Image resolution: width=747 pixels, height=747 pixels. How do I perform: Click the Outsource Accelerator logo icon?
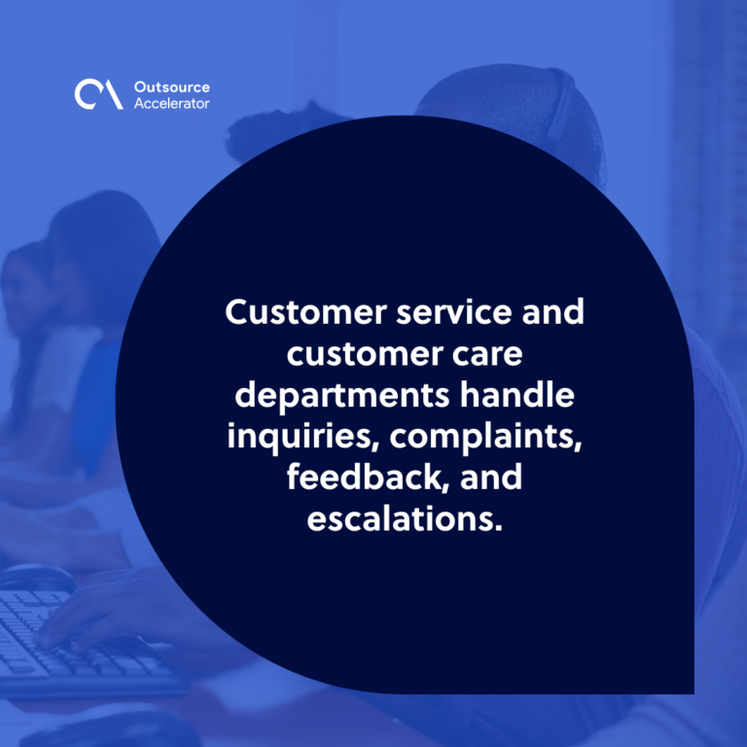coord(98,94)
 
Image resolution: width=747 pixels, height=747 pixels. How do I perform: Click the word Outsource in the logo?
coord(172,88)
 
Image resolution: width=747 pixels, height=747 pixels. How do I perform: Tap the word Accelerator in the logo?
coord(171,103)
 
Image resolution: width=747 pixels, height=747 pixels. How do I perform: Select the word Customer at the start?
coord(305,312)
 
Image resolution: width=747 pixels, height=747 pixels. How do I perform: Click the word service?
coord(454,312)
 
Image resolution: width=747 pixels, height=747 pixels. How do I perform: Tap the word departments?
coord(342,397)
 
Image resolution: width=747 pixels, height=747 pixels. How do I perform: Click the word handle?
coord(516,395)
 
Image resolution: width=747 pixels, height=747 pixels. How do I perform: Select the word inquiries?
coord(303,437)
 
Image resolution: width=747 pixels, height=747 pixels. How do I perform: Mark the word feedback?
coord(368,478)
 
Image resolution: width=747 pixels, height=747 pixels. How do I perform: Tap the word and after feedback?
coord(491,478)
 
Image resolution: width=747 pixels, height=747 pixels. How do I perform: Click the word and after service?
coord(553,312)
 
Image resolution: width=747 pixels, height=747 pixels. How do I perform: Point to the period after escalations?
coord(499,528)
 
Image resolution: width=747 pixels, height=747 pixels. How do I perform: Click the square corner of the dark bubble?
coord(694,694)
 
